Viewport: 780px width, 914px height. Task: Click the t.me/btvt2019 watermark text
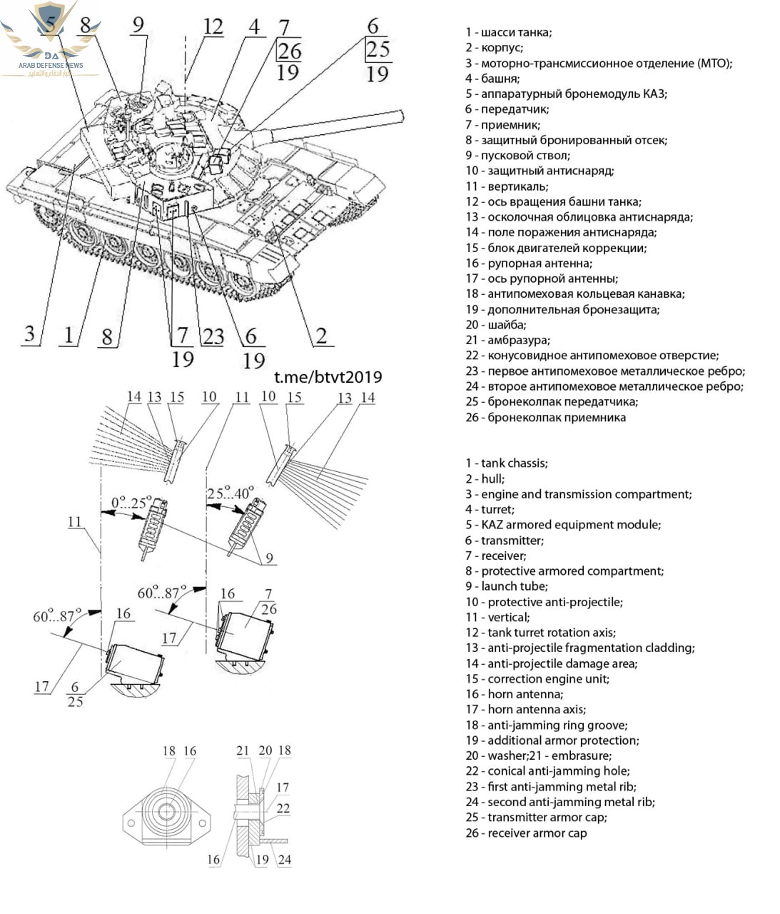click(x=328, y=377)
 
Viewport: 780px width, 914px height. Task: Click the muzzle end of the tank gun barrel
click(x=400, y=115)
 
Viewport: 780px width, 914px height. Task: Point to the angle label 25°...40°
click(x=230, y=493)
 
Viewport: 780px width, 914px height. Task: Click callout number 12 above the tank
click(x=213, y=27)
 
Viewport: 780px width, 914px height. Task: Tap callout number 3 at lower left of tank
click(x=29, y=333)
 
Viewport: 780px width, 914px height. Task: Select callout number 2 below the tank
click(x=321, y=335)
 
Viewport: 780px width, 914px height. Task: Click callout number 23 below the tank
click(x=213, y=336)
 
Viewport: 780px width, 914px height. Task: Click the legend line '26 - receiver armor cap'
click(x=526, y=833)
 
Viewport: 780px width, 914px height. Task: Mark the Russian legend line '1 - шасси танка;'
click(x=508, y=32)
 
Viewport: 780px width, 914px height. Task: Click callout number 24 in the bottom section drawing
click(x=284, y=860)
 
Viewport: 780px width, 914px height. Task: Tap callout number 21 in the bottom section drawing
click(x=243, y=750)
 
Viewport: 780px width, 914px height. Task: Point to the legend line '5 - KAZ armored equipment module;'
click(x=563, y=524)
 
